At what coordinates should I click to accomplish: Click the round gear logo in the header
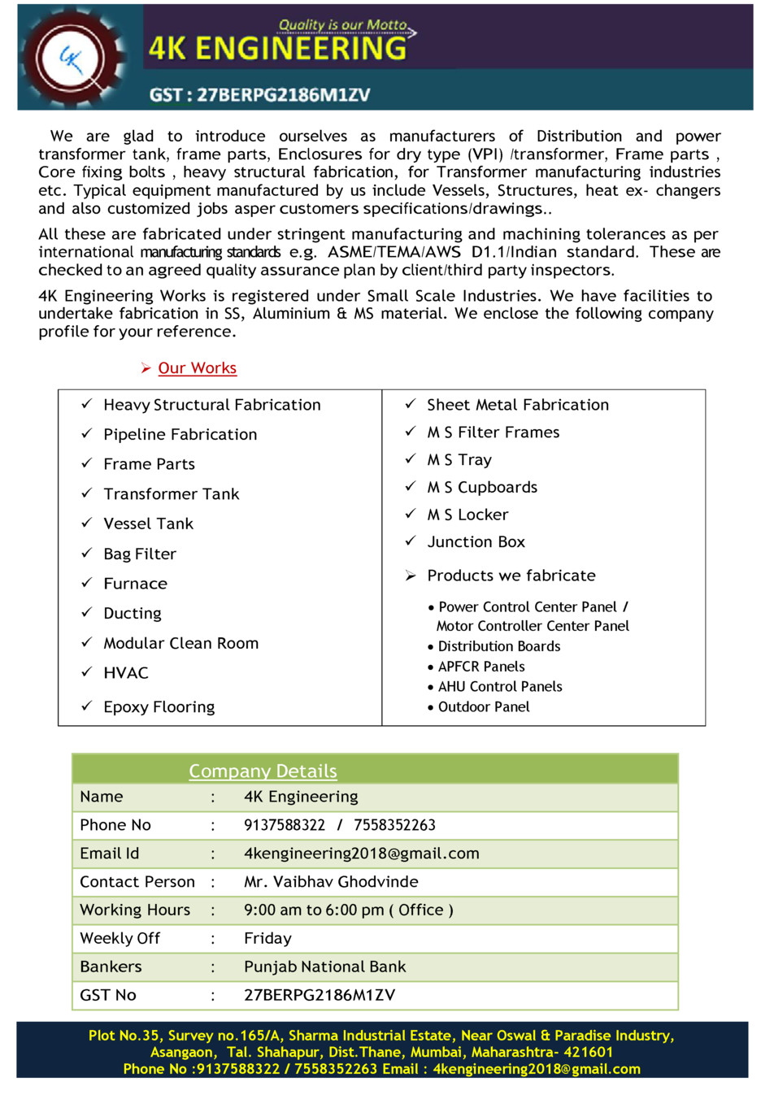73,58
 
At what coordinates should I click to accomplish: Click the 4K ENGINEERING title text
277,49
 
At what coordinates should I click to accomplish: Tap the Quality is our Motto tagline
343,25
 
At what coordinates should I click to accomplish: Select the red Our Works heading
197,368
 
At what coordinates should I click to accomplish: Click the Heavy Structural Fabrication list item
211,405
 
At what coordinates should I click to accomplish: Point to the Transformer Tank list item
171,494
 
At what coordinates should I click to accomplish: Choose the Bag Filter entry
139,554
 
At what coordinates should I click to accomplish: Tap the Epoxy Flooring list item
159,707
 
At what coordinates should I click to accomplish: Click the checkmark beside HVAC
86,672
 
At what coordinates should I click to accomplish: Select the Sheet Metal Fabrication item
517,405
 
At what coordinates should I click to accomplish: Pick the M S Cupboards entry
482,488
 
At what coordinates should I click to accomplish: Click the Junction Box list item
476,542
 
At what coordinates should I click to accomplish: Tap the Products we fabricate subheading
511,576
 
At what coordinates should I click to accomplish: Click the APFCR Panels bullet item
481,667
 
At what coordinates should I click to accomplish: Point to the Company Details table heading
263,771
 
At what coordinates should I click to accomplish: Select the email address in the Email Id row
361,854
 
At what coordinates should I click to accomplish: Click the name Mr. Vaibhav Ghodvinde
331,882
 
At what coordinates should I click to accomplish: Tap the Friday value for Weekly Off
267,939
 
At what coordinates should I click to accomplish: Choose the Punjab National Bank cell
324,967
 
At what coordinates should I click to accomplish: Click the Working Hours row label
135,910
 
